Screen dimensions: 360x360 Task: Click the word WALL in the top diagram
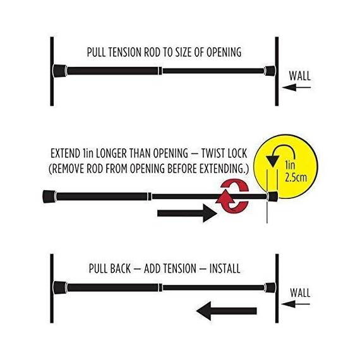pyautogui.click(x=299, y=76)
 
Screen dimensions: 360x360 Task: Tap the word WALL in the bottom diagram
pyautogui.click(x=300, y=292)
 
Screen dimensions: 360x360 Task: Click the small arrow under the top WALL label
pyautogui.click(x=296, y=87)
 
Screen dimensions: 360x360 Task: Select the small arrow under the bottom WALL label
pyautogui.click(x=296, y=304)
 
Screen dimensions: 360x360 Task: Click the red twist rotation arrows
pyautogui.click(x=232, y=196)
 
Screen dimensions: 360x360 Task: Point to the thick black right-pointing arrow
pyautogui.click(x=187, y=213)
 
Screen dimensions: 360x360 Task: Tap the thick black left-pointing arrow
pyautogui.click(x=226, y=311)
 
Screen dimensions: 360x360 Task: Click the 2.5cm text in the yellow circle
pyautogui.click(x=296, y=177)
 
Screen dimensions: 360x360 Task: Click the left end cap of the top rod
pyautogui.click(x=60, y=71)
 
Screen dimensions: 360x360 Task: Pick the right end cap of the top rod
pyautogui.click(x=270, y=71)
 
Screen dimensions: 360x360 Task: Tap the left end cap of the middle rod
pyautogui.click(x=49, y=196)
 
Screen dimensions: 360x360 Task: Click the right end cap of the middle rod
pyautogui.click(x=272, y=196)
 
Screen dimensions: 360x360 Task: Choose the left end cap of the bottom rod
pyautogui.click(x=60, y=287)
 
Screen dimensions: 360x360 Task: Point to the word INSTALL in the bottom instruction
pyautogui.click(x=225, y=268)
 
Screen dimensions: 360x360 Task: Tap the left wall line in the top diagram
pyautogui.click(x=52, y=71)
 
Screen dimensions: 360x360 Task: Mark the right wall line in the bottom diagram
pyautogui.click(x=277, y=289)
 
